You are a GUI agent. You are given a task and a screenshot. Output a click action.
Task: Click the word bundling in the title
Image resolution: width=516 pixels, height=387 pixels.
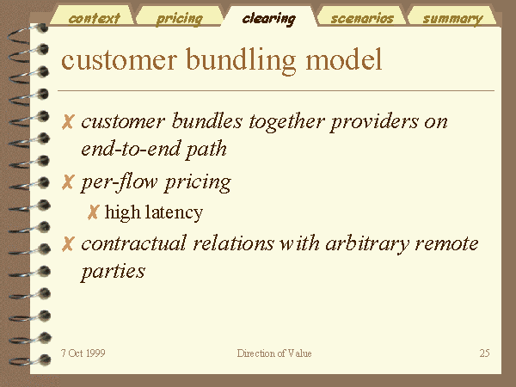click(x=241, y=60)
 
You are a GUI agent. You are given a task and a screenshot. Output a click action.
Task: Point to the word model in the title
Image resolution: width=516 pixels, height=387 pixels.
click(x=344, y=59)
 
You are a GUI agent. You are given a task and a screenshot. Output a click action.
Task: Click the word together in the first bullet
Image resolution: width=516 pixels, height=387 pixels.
click(x=286, y=122)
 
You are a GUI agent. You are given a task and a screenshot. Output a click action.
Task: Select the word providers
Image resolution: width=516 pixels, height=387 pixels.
click(x=374, y=122)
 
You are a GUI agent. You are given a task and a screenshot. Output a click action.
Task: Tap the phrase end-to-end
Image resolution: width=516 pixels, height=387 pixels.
click(x=131, y=149)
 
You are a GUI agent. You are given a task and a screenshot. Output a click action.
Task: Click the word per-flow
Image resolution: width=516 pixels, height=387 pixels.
click(x=120, y=182)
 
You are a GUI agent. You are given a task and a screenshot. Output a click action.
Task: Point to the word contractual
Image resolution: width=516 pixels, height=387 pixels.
click(x=134, y=244)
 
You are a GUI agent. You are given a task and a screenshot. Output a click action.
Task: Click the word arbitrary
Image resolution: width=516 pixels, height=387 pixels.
click(x=367, y=245)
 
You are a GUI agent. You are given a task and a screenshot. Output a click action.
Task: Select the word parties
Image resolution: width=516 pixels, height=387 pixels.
click(x=114, y=273)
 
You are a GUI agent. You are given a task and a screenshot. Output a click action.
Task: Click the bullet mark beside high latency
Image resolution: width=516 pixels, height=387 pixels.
click(x=93, y=212)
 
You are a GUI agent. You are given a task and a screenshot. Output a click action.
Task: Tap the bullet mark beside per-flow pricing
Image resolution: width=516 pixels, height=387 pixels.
click(x=68, y=182)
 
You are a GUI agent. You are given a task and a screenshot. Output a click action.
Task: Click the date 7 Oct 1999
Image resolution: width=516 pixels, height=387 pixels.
click(x=83, y=353)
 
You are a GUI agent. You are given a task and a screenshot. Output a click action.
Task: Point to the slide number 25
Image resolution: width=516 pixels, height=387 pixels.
click(x=484, y=353)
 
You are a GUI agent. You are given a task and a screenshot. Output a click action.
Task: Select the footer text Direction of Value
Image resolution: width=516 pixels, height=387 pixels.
click(x=274, y=353)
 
